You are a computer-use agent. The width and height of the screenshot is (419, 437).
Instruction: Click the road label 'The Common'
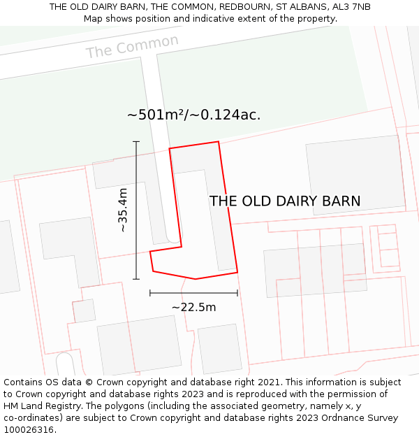(x=132, y=47)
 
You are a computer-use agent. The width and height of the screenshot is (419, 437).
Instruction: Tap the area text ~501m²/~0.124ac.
(x=193, y=115)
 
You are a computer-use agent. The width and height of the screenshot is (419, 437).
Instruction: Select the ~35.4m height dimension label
(x=123, y=210)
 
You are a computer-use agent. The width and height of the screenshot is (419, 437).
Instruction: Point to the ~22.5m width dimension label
(x=193, y=307)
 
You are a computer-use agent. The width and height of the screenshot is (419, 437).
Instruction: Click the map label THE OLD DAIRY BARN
(x=285, y=201)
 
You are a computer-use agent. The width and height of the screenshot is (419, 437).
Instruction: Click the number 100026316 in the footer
(x=28, y=430)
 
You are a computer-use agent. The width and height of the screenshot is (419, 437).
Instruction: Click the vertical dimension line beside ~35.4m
(x=136, y=210)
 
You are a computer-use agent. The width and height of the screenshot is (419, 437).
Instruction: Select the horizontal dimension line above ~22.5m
(x=193, y=293)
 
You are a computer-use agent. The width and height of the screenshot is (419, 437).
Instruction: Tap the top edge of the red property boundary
(x=194, y=145)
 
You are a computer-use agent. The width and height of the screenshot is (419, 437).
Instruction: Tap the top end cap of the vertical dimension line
(x=136, y=141)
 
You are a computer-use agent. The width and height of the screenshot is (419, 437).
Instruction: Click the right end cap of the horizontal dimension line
(x=237, y=293)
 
